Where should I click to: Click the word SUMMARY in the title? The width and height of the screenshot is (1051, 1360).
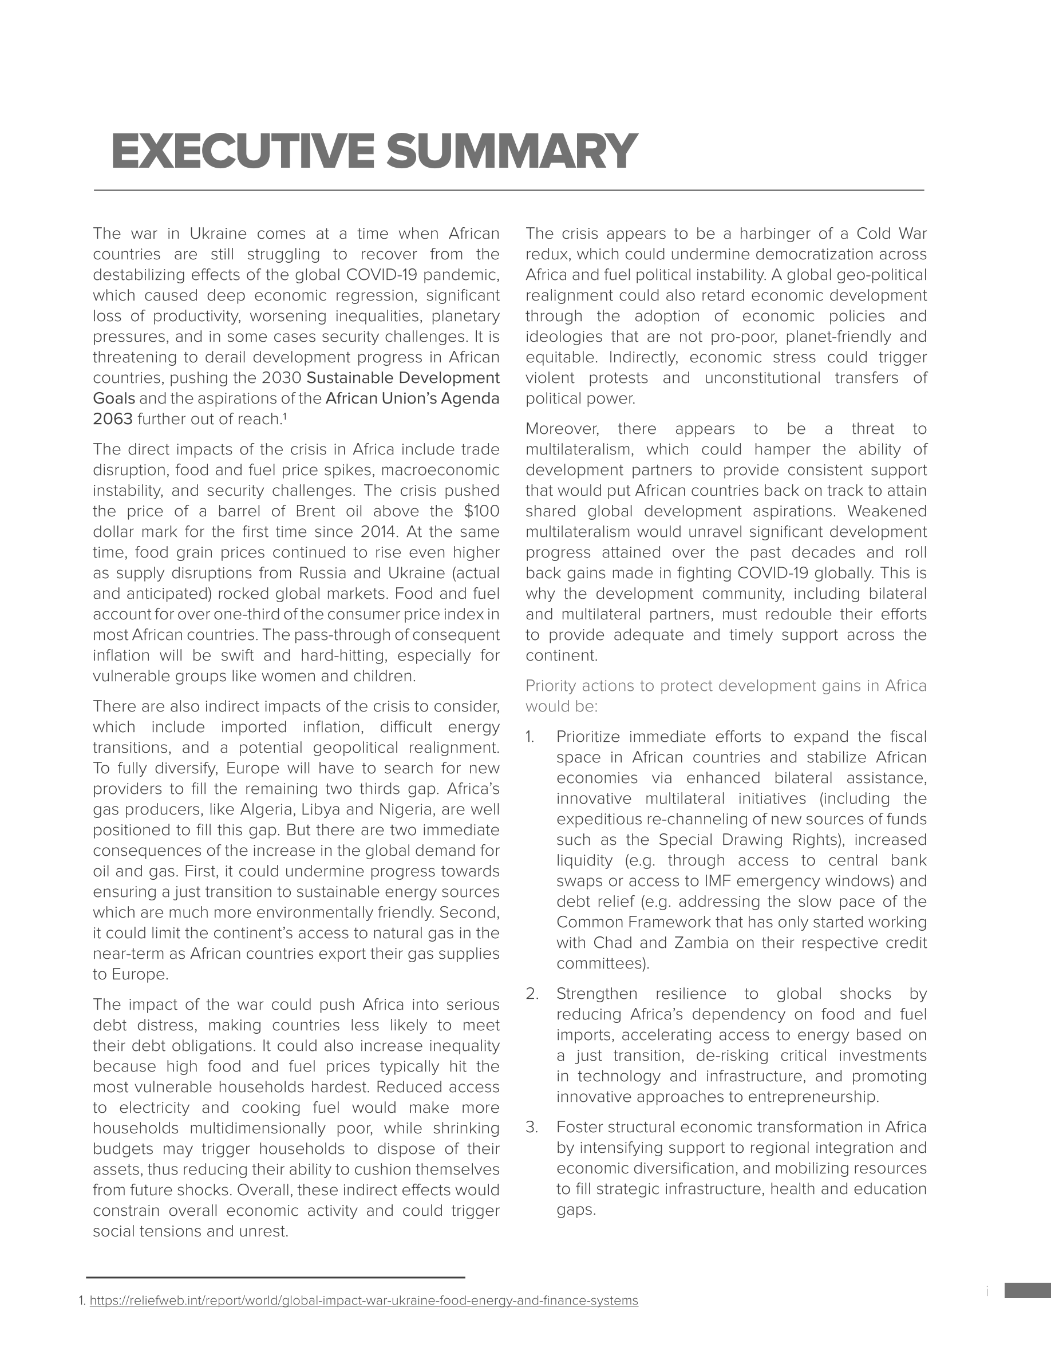[512, 151]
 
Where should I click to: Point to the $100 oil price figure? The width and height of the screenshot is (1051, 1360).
[482, 511]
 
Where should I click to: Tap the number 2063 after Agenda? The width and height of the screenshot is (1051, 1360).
[113, 419]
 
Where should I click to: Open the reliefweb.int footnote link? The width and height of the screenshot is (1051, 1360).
[363, 1301]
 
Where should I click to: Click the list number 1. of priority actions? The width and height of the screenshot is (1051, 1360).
[530, 737]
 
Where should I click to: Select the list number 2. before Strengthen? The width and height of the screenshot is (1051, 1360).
[532, 994]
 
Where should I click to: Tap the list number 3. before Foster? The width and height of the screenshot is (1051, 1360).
[532, 1127]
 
